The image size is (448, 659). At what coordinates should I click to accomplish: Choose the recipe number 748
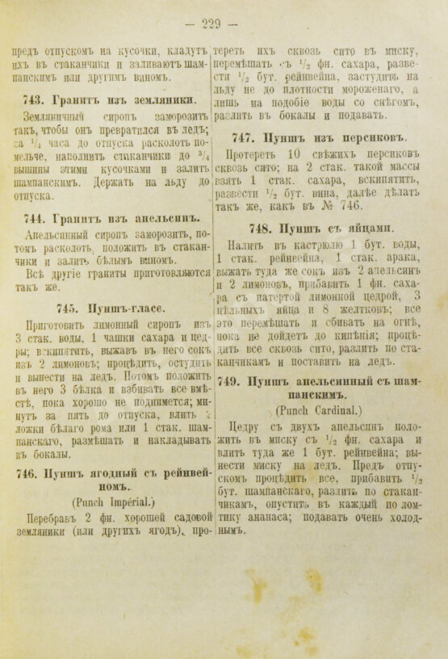click(x=262, y=227)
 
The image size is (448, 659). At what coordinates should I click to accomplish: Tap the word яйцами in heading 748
click(x=369, y=227)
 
